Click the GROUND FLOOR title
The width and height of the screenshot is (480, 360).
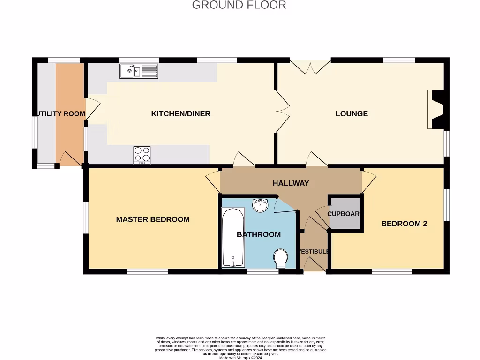239,5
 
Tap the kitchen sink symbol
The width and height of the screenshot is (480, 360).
139,71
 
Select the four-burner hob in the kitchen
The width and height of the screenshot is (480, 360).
142,155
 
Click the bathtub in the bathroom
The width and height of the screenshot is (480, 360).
232,237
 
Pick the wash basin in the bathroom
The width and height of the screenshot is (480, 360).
260,205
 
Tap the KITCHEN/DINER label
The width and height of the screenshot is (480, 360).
180,113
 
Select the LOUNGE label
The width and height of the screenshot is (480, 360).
352,113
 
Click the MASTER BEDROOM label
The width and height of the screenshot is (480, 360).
153,219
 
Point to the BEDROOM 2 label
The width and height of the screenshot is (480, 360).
404,224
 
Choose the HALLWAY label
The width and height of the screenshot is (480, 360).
291,183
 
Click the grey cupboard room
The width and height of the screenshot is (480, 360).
345,213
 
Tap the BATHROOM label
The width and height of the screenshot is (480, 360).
259,234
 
